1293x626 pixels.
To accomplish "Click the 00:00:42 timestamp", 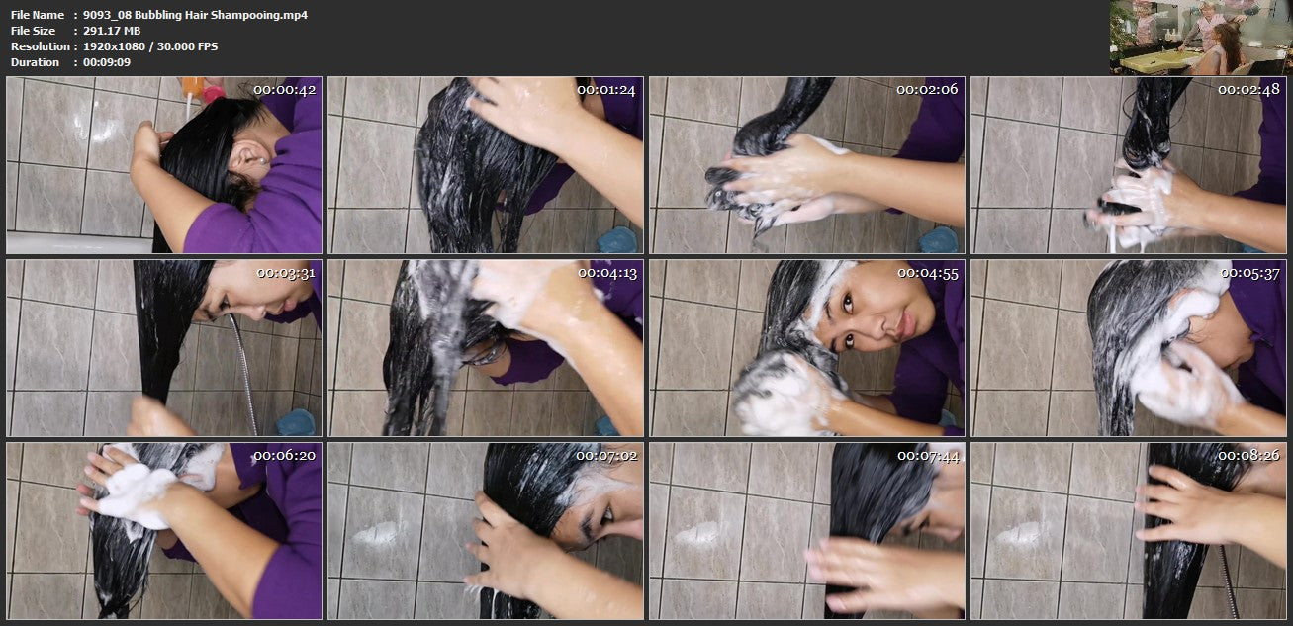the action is [x=285, y=90].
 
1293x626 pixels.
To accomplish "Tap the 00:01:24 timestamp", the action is [x=606, y=90].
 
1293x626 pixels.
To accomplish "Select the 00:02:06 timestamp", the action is [x=927, y=89].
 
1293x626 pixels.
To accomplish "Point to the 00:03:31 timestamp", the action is [x=286, y=273].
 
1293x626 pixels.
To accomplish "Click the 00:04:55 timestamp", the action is [x=928, y=274].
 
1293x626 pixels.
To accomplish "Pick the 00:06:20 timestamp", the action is [x=285, y=456].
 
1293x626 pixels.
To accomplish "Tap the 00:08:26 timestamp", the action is [x=1248, y=456].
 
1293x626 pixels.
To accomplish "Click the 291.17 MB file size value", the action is [x=112, y=31].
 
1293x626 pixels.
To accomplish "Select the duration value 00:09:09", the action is [x=107, y=62].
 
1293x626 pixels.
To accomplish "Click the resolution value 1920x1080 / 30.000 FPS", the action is [x=150, y=46].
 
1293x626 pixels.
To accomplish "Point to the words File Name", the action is [x=37, y=15].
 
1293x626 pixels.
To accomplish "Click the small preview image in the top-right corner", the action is [x=1201, y=38].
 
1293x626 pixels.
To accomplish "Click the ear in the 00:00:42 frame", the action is [x=248, y=157].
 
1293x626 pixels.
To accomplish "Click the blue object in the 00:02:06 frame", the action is [x=939, y=240].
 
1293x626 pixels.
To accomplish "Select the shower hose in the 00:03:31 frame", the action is [x=244, y=374].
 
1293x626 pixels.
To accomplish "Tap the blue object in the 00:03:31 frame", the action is [x=296, y=422].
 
